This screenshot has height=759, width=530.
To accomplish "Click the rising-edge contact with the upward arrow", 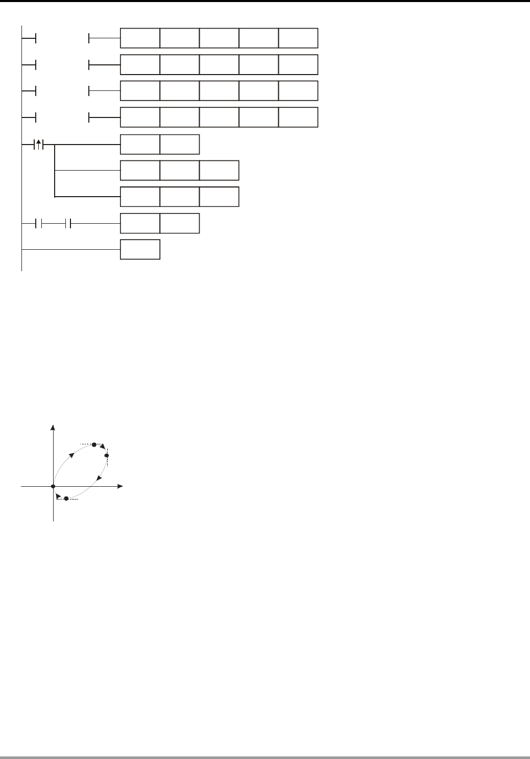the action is click(38, 145).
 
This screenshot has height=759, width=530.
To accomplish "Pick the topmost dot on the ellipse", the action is click(94, 445).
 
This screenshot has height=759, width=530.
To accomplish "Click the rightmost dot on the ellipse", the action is click(107, 455).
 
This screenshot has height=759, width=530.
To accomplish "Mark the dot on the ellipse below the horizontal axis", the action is click(66, 499).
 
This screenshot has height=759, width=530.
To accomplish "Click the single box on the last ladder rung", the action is click(140, 249).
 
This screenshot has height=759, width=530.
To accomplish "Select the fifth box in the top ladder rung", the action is click(298, 38).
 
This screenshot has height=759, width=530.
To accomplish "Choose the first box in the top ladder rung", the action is click(140, 38).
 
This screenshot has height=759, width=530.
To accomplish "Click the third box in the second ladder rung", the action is click(219, 65).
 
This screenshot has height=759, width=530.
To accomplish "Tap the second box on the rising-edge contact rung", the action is click(180, 145).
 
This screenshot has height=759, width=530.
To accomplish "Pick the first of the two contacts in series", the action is click(38, 223).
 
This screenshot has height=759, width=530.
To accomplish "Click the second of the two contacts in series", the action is click(68, 223).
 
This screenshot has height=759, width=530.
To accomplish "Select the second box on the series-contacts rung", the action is click(180, 223).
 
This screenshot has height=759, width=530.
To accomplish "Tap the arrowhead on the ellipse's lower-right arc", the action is click(99, 477).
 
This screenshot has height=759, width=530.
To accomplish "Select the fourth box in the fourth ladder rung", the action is click(259, 117).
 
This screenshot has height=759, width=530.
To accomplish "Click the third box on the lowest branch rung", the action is click(219, 197).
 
